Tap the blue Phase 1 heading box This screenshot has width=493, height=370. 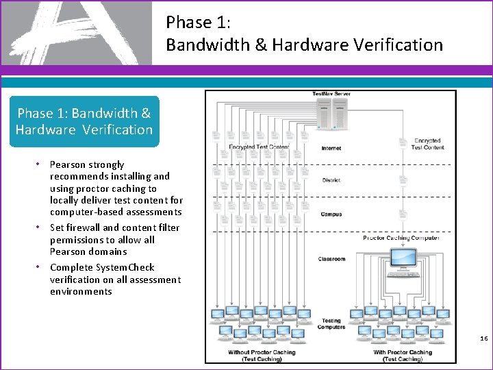point(84,121)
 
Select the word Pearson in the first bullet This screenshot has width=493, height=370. point(68,164)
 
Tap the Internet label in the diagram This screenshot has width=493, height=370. point(331,149)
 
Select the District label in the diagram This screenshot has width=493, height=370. point(331,180)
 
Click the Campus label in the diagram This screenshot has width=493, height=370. point(331,214)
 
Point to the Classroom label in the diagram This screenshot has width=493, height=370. point(332,259)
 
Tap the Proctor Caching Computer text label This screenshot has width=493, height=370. point(401,238)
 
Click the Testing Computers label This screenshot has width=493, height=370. point(331,324)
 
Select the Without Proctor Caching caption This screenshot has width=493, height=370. point(262,356)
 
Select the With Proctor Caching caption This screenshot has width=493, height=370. point(403,356)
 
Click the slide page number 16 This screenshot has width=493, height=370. point(483,338)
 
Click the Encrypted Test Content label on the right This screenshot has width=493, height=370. point(427,143)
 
